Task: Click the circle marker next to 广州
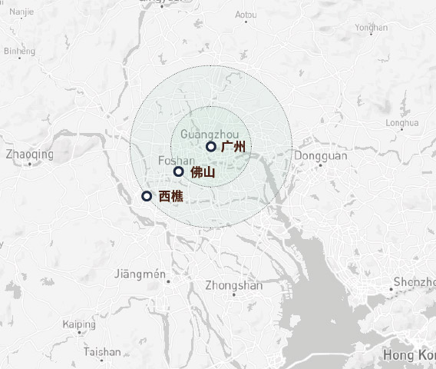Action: tap(211, 146)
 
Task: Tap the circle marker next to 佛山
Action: tap(179, 171)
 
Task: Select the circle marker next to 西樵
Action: tap(147, 196)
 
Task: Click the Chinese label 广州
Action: tap(233, 146)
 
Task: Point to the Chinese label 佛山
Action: tap(202, 172)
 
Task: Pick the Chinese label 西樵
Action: tap(170, 197)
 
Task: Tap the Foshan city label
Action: tap(175, 160)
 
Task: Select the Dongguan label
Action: tap(320, 155)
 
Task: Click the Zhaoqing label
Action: tap(29, 154)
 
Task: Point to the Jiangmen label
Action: tap(139, 274)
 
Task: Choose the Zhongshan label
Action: tap(233, 285)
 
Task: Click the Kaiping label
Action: tap(79, 324)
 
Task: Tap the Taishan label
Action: tap(102, 352)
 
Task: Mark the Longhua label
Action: tap(402, 122)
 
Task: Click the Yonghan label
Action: tap(372, 28)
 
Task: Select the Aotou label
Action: tap(246, 15)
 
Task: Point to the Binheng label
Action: tap(19, 52)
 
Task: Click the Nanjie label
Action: tap(22, 12)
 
